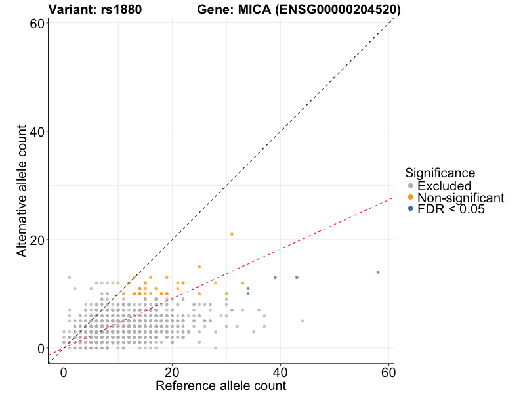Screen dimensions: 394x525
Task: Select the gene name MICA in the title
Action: click(256, 10)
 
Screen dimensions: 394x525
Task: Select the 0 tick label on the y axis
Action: click(41, 348)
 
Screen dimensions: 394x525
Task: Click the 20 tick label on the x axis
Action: click(172, 372)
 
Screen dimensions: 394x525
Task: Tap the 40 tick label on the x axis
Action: click(280, 372)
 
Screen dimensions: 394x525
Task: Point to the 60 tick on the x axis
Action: click(388, 372)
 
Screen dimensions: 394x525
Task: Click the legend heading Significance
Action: click(440, 173)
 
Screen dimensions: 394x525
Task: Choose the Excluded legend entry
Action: click(444, 186)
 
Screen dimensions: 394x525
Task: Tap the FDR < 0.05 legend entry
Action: click(451, 209)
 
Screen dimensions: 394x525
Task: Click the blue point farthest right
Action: click(378, 272)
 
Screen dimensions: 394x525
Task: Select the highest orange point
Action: click(232, 234)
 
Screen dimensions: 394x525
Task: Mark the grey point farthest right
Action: click(302, 321)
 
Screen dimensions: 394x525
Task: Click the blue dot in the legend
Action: click(411, 209)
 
